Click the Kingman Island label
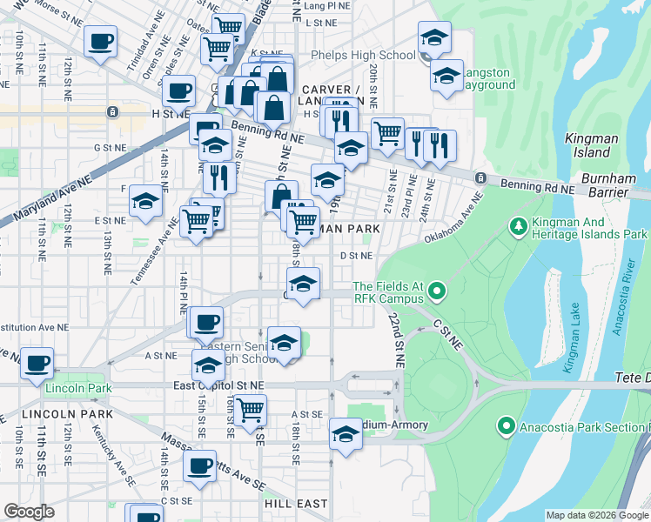pos(591,144)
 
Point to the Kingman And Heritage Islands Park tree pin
pos(519,226)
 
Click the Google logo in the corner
pos(29,512)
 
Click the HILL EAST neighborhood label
pos(296,504)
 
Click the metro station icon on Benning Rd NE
pos(480,178)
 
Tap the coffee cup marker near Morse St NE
pos(100,41)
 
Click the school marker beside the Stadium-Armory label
pos(346,433)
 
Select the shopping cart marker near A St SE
pos(250,407)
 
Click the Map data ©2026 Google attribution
pos(597,515)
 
